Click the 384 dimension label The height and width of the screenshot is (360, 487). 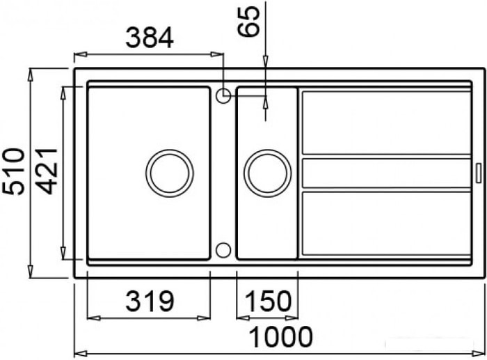pyautogui.click(x=150, y=38)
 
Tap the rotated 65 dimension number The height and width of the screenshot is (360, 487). pyautogui.click(x=248, y=22)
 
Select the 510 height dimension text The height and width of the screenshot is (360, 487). pyautogui.click(x=13, y=171)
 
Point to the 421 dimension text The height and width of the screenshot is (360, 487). pyautogui.click(x=47, y=171)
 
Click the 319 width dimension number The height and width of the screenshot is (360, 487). pyautogui.click(x=150, y=301)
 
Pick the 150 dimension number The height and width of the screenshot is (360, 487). pyautogui.click(x=269, y=301)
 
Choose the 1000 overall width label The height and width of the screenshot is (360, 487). pyautogui.click(x=280, y=337)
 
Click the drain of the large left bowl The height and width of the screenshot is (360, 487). pyautogui.click(x=169, y=173)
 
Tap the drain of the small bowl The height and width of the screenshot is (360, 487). pyautogui.click(x=268, y=173)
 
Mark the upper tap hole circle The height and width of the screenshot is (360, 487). pyautogui.click(x=223, y=95)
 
